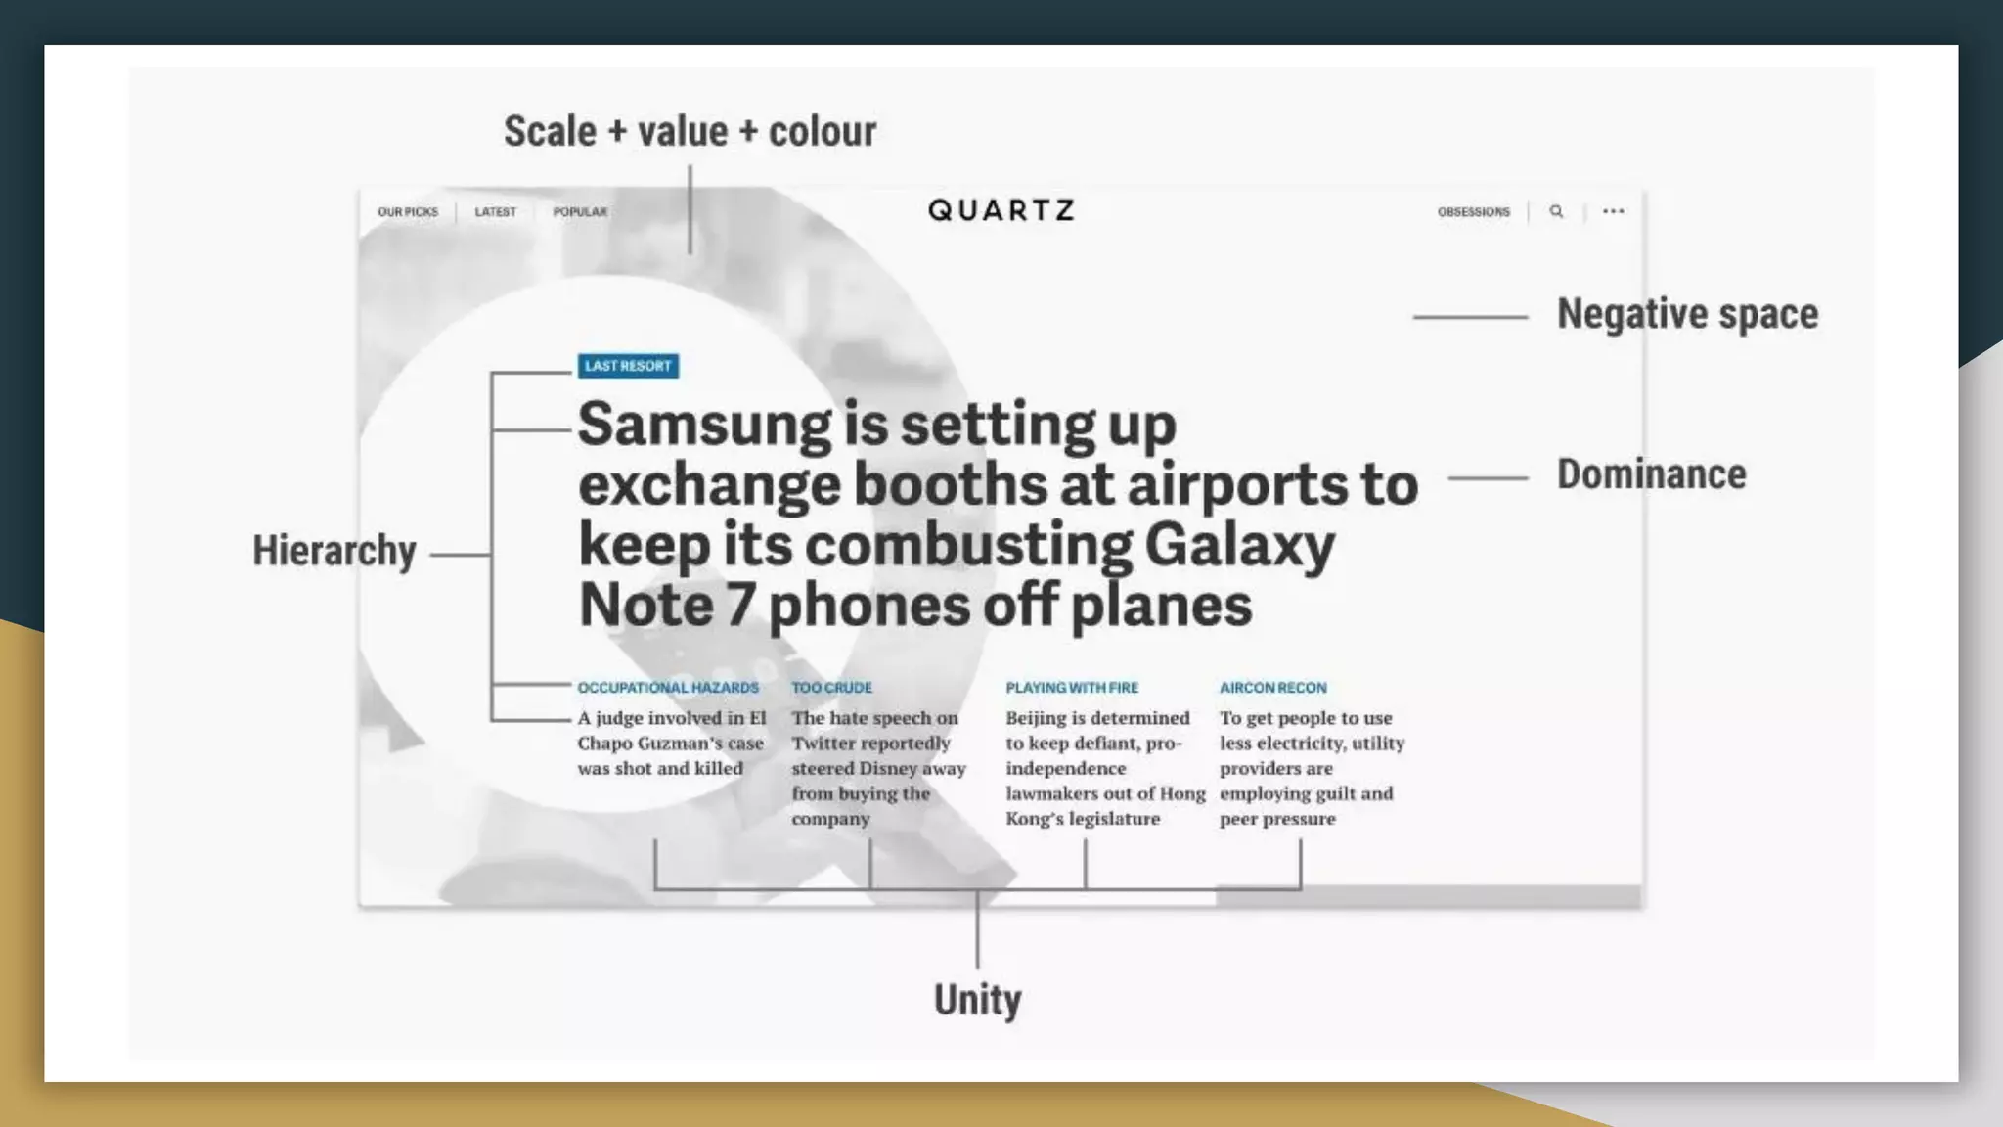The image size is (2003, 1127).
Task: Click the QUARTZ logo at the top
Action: pos(1001,210)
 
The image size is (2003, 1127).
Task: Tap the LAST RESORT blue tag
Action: pos(628,366)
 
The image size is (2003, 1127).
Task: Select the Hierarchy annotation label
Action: pos(334,551)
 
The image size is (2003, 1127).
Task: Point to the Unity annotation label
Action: pos(977,1000)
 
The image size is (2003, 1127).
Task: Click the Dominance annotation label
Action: pos(1651,474)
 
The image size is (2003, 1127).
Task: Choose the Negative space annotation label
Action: pos(1687,314)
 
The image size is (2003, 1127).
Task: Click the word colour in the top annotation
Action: pos(822,131)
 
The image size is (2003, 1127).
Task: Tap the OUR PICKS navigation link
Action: pos(408,212)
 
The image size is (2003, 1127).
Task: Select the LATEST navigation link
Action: pos(495,212)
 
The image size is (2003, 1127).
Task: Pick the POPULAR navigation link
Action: pos(580,212)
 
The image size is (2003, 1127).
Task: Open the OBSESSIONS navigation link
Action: pos(1473,212)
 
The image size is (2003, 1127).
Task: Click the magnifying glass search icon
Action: pos(1556,211)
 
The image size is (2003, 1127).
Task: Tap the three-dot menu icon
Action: pos(1613,211)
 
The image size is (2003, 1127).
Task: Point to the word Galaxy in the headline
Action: pos(1239,546)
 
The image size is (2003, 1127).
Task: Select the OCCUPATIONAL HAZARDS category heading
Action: pos(668,688)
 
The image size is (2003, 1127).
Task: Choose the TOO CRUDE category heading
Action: pos(831,688)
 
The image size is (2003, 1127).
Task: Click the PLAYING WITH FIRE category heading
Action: pos(1072,688)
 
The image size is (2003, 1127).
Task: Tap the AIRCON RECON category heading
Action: pos(1272,688)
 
